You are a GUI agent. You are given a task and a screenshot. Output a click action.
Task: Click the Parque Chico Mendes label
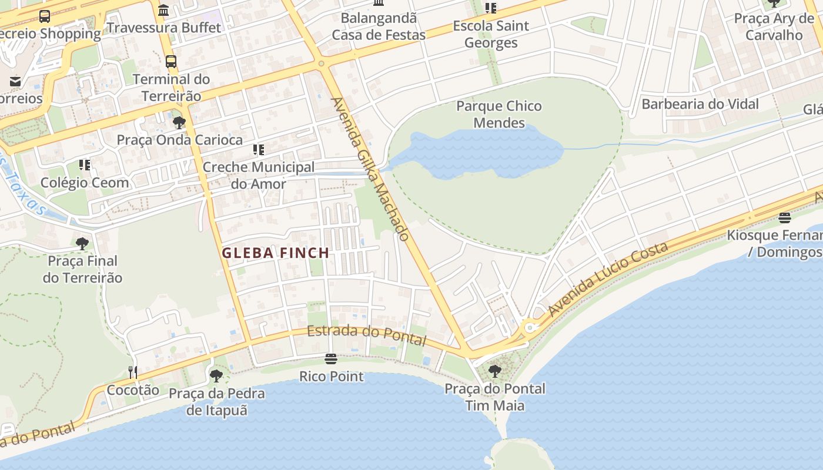coord(499,115)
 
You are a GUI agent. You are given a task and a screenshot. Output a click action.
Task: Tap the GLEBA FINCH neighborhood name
coord(275,253)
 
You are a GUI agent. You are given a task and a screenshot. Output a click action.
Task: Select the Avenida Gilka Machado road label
coord(370,169)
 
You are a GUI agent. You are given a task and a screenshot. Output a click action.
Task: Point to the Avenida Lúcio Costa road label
coord(608,279)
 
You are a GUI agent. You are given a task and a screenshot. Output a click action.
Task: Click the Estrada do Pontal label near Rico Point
coord(366,335)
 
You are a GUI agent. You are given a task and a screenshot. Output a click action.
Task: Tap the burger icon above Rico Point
coord(331,359)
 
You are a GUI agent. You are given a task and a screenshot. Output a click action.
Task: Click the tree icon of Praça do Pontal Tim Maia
coord(495,371)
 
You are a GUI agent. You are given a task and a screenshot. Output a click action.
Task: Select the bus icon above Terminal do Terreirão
coord(171,62)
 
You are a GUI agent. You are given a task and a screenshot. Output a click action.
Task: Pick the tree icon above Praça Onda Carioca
coord(179,123)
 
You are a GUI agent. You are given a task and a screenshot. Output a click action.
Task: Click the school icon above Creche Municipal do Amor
coord(258,150)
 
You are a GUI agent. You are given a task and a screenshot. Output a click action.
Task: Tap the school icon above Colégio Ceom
coord(85,166)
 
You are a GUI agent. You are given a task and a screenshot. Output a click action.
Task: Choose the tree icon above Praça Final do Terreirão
coord(82,243)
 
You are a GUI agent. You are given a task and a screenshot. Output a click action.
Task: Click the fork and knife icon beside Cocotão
coord(133,372)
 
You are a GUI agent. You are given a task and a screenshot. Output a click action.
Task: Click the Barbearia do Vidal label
coord(700,105)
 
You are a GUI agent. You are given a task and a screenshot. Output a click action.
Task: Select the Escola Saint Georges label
coord(491,34)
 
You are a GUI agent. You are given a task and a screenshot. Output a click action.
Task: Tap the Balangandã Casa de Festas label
coord(379,26)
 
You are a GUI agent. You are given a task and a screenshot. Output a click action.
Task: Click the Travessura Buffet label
coord(164,28)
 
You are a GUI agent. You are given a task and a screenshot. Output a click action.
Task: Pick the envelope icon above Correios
coord(15,82)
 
